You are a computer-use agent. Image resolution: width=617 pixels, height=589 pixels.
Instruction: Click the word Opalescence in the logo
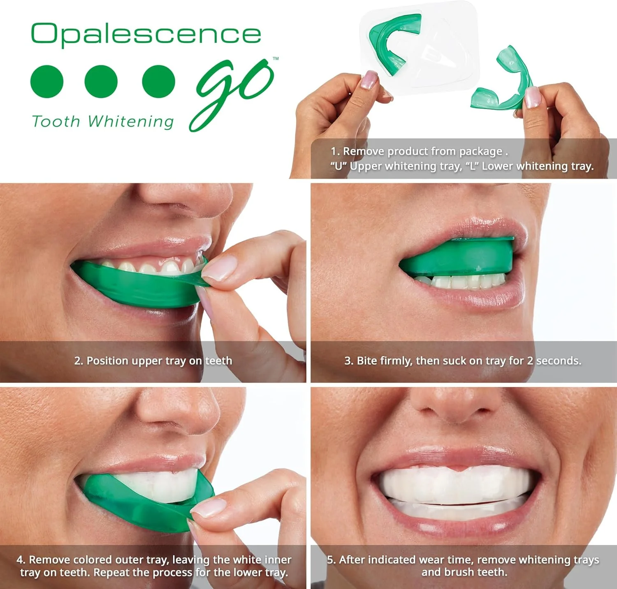146,34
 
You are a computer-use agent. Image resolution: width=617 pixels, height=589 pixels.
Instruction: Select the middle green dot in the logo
101,81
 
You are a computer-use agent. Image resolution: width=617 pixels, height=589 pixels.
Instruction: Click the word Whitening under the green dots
131,122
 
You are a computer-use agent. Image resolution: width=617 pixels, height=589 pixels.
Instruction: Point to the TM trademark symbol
276,58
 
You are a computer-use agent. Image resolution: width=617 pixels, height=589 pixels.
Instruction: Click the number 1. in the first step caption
335,151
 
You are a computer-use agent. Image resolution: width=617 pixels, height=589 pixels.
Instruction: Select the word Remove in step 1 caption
364,151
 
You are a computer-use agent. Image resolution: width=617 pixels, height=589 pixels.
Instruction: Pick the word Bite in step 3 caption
367,361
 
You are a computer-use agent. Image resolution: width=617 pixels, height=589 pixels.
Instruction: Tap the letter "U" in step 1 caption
339,166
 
